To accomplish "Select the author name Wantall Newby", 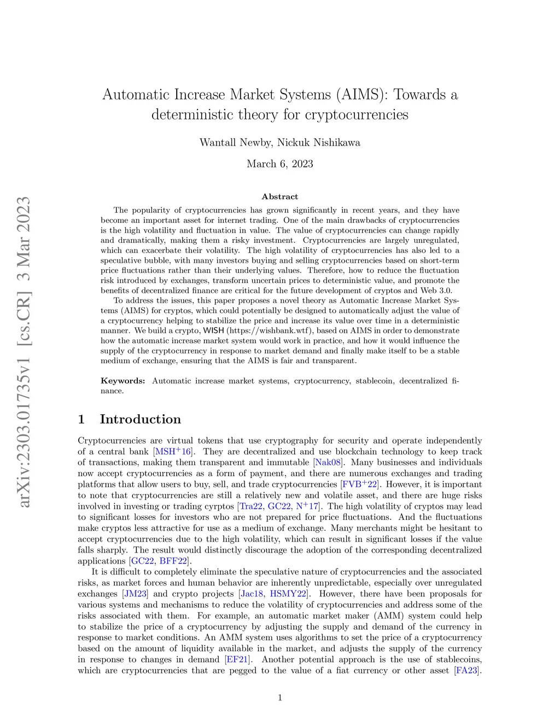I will point(236,143).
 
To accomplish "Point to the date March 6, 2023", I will point(280,164).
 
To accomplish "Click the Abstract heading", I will point(280,196).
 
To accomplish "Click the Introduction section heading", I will point(140,419).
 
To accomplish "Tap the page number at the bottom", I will point(280,698).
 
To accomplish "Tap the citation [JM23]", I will point(135,594).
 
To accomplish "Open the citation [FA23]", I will point(467,670).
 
